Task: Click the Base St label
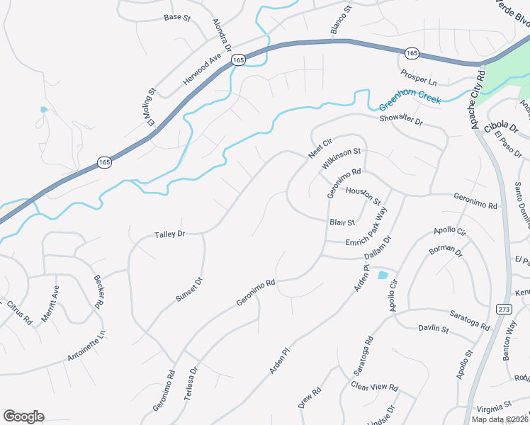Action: [177, 16]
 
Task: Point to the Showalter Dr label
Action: [400, 121]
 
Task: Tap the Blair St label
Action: [342, 222]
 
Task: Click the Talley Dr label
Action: [170, 234]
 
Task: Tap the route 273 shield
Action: [503, 309]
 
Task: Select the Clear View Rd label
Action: [375, 387]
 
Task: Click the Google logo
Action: [23, 416]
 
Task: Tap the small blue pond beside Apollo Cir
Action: [383, 275]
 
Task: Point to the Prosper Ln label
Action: [418, 76]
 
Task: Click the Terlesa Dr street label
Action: [192, 387]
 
